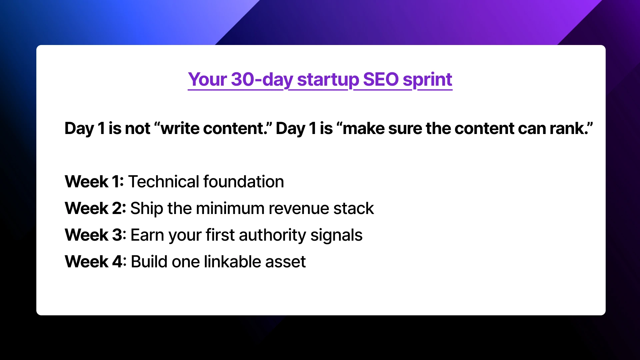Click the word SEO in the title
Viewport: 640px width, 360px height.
[380, 79]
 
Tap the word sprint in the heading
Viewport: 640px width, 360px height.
[427, 80]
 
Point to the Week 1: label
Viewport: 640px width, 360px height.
[94, 182]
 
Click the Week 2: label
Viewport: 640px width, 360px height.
[95, 208]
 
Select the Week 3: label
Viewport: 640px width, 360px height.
[95, 235]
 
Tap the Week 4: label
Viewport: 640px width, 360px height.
[95, 262]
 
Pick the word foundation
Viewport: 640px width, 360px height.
[244, 182]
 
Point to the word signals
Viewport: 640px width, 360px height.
[336, 235]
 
